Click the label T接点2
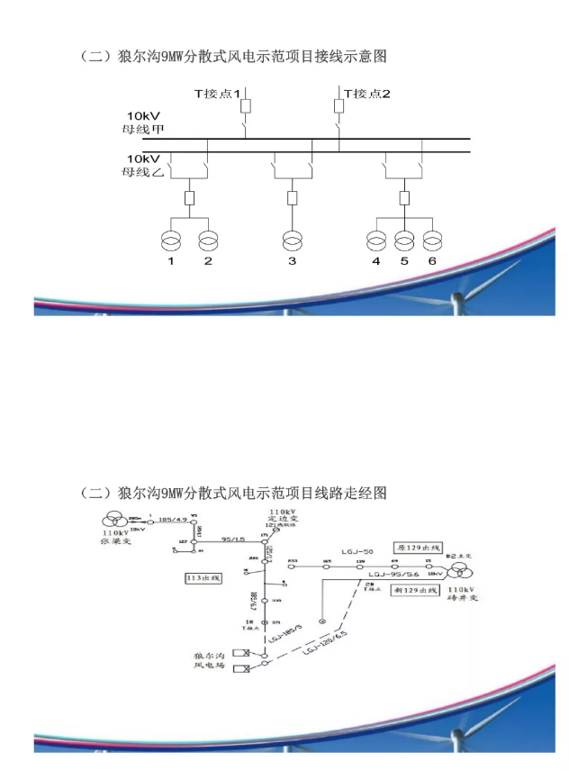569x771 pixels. [x=366, y=92]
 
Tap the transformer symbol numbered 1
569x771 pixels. [x=168, y=240]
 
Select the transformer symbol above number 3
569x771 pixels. [x=292, y=240]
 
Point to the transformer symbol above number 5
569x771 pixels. [x=405, y=240]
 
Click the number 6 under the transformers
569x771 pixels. [x=433, y=261]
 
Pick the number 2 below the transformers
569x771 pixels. [x=207, y=261]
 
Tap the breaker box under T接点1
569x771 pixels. [x=245, y=106]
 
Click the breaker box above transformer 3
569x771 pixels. [x=292, y=197]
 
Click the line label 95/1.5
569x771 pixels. [x=232, y=539]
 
